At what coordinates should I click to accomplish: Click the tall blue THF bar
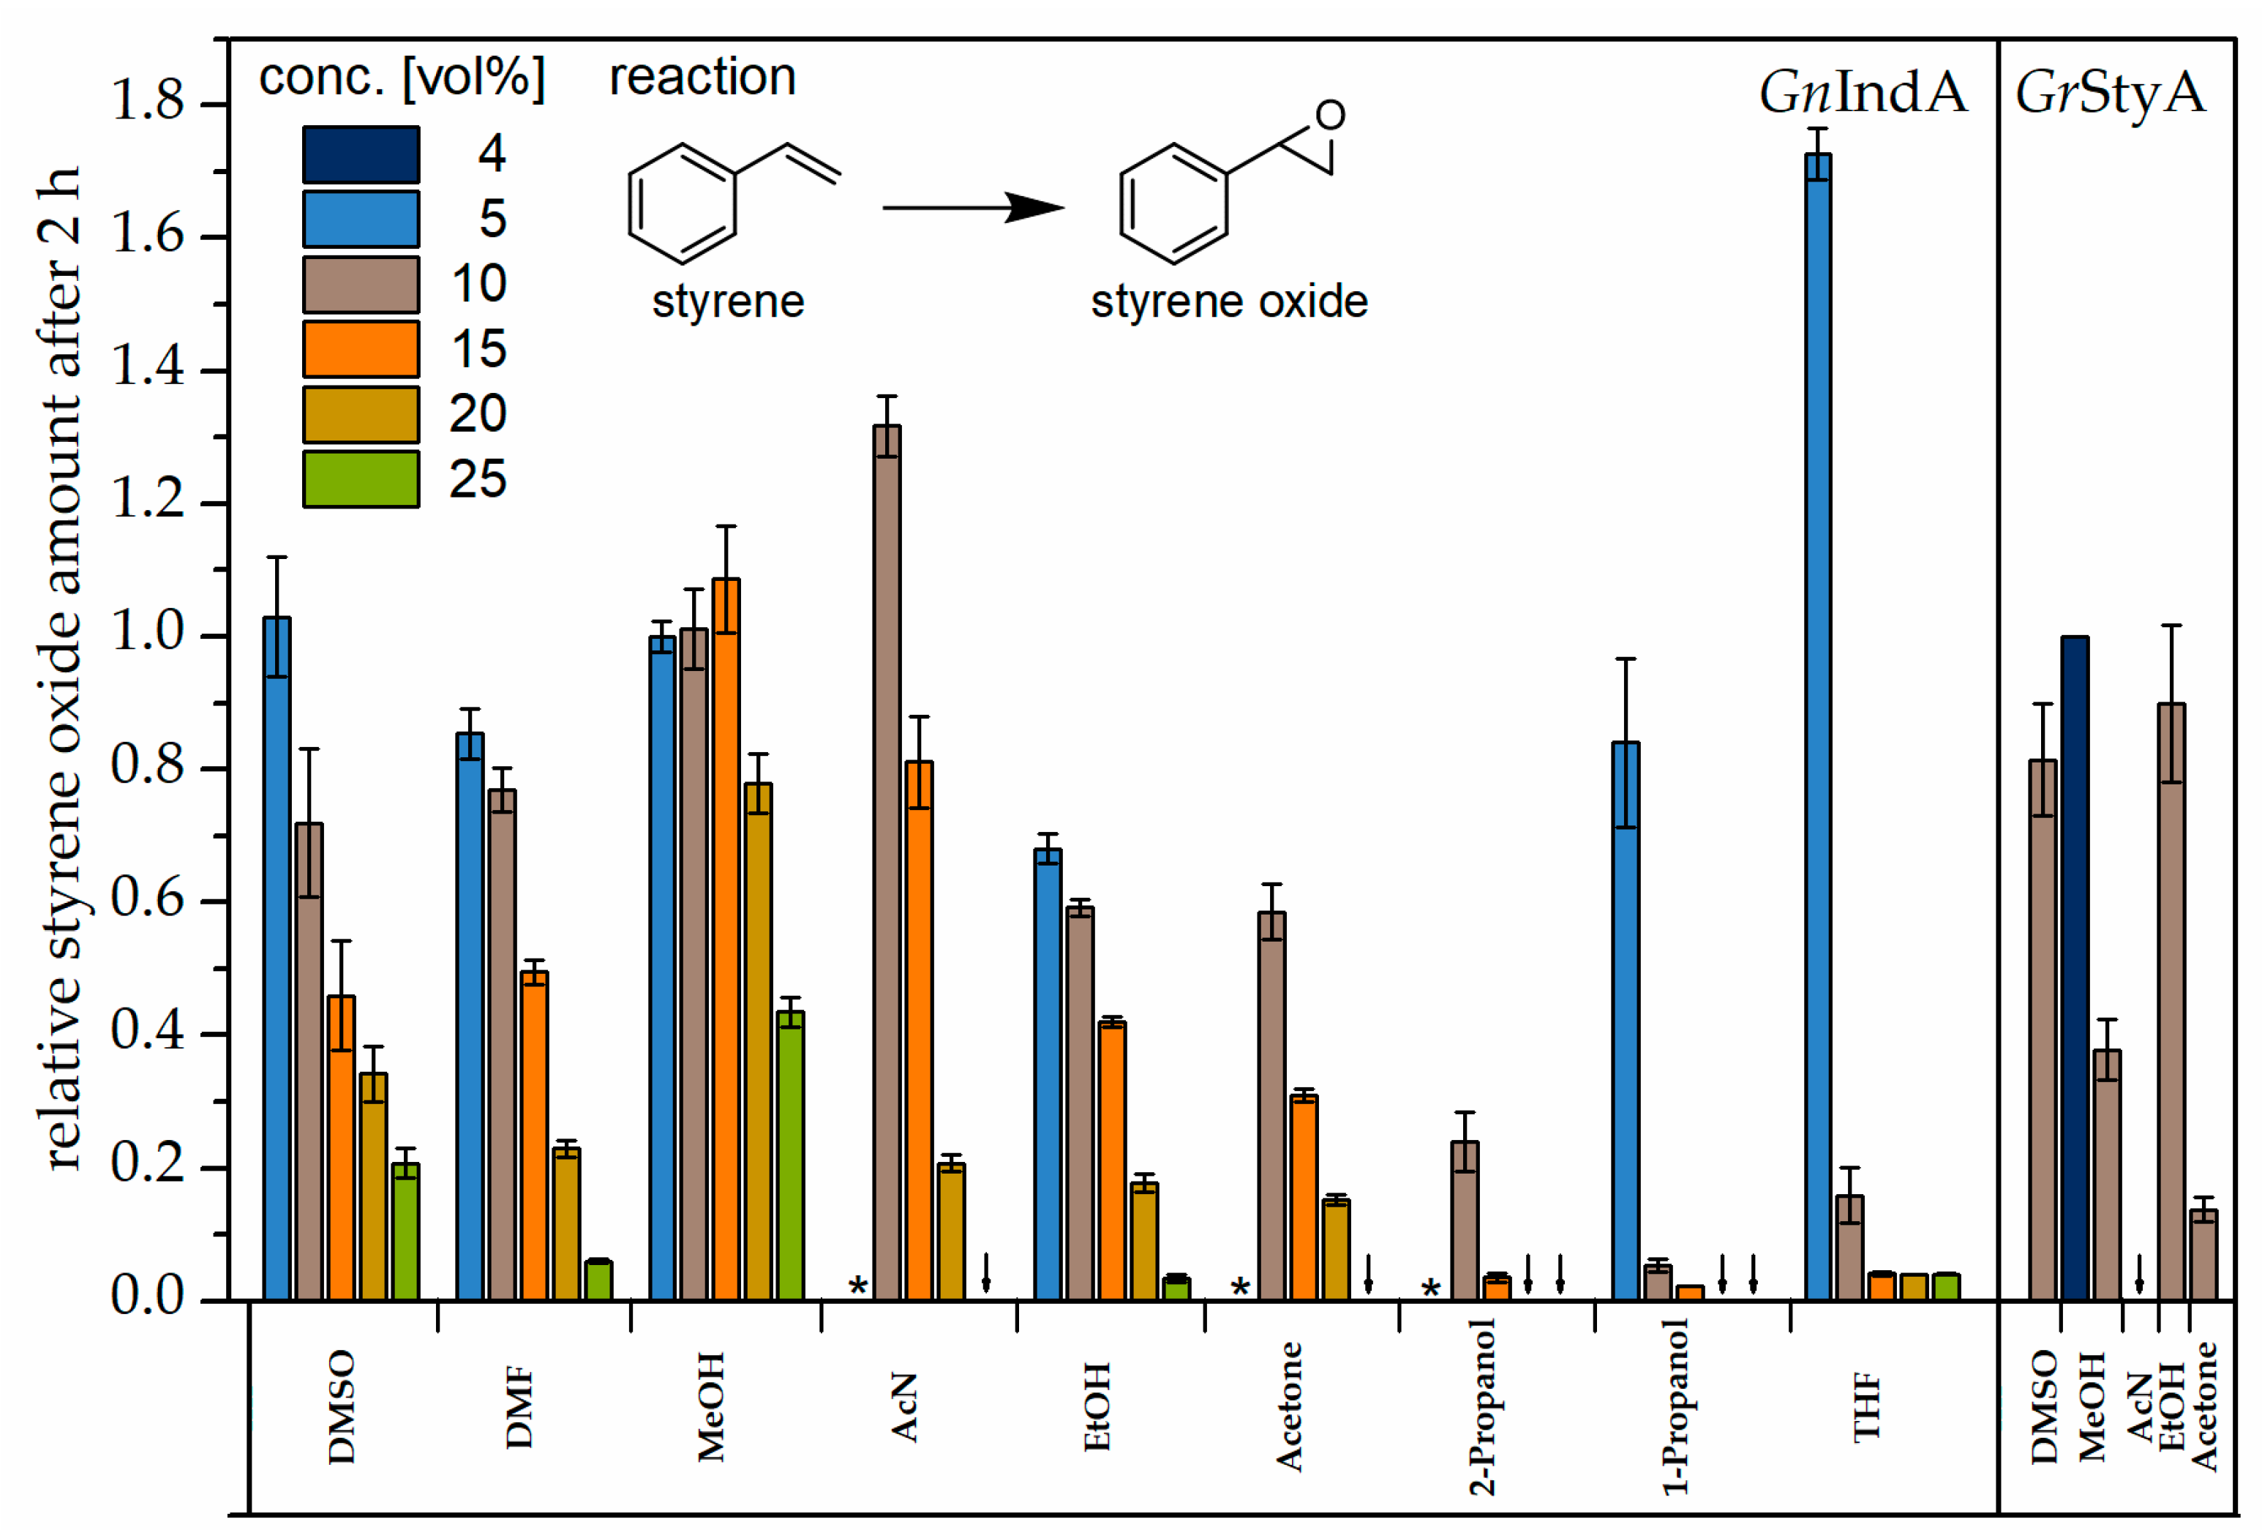[1817, 730]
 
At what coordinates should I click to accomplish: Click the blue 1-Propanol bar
[1626, 1022]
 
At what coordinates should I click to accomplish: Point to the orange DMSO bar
[342, 1149]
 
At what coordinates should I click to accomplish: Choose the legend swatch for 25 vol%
[361, 479]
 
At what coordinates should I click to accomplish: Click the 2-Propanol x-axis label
[1481, 1406]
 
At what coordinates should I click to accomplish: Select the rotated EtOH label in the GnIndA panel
[1097, 1406]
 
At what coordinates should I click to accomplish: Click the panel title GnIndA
[1862, 94]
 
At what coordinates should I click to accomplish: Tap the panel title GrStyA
[2110, 94]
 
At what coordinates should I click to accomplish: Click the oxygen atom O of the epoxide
[1331, 115]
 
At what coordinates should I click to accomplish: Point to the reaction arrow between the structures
[972, 207]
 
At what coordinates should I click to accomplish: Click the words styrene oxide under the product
[1228, 301]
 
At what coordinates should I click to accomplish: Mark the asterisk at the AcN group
[857, 1287]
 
